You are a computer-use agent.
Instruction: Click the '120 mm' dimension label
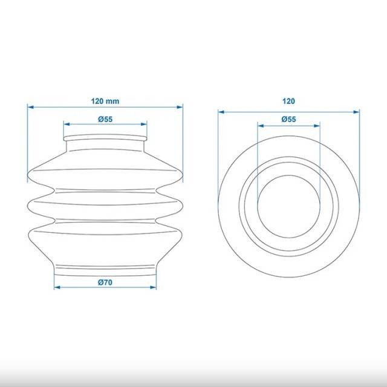(x=105, y=101)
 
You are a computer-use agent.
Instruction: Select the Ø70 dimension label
(x=105, y=282)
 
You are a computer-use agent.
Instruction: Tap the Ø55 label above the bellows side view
(x=105, y=119)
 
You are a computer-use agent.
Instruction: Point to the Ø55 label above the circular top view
(x=288, y=119)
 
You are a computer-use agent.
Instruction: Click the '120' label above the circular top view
(x=288, y=101)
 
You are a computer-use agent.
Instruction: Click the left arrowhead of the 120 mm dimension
(x=31, y=107)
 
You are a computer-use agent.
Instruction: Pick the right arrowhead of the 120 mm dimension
(x=180, y=107)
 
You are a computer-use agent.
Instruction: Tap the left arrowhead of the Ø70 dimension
(x=57, y=287)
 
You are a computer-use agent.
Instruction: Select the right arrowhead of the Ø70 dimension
(x=153, y=287)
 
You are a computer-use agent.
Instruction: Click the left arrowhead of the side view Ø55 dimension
(x=67, y=124)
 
